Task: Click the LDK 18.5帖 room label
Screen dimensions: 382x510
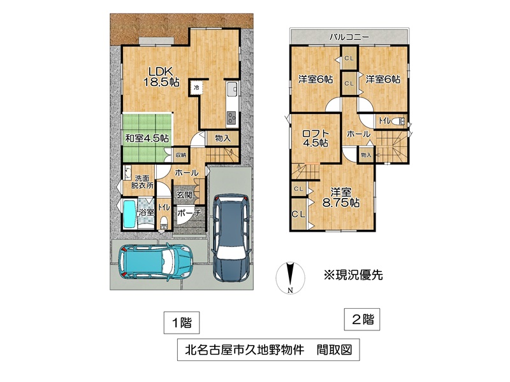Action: tap(160, 76)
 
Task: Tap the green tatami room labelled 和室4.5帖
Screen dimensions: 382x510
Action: tap(147, 138)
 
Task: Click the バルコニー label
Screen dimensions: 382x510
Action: tap(349, 38)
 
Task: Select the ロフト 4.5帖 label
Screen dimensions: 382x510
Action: tap(316, 138)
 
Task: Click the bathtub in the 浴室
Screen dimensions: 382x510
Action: tap(130, 215)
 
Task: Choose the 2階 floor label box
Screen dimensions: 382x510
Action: tap(362, 320)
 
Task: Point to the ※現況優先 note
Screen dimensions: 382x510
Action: tap(353, 275)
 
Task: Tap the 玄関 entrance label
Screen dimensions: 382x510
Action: tap(184, 195)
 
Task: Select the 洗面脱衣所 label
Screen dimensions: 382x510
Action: tap(142, 181)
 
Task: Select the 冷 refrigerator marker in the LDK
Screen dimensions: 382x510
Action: tap(197, 87)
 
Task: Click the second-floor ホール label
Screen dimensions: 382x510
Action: tap(358, 134)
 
